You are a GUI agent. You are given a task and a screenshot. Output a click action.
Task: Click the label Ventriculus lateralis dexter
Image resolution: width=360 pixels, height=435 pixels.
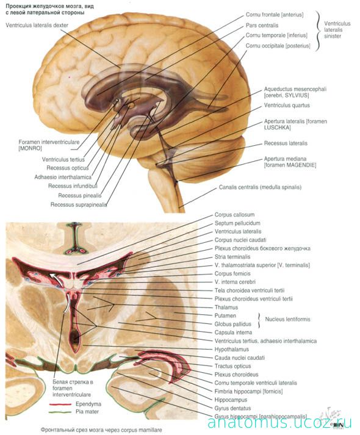click(37, 25)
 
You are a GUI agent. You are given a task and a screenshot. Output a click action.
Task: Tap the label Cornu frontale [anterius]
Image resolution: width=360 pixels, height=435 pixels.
click(275, 15)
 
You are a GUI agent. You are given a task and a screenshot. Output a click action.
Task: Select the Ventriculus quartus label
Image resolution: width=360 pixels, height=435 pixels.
click(287, 106)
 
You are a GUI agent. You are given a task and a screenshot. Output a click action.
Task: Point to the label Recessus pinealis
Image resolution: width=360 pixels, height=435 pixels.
click(79, 196)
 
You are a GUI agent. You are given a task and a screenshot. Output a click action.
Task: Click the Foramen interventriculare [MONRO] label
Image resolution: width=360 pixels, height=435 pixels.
click(49, 145)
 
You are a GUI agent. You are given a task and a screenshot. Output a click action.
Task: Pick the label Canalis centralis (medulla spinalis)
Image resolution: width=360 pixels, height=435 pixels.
click(260, 187)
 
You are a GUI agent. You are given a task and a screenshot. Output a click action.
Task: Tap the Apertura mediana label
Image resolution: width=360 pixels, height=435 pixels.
click(285, 159)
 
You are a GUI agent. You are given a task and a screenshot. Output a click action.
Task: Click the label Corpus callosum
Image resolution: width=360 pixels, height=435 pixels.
click(234, 215)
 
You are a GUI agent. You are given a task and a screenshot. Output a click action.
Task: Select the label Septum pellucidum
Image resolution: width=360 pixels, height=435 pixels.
click(237, 223)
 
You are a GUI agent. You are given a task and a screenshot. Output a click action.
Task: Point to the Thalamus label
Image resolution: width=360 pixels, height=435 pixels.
click(226, 307)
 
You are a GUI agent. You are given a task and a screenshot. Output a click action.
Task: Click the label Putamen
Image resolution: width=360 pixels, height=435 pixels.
click(225, 315)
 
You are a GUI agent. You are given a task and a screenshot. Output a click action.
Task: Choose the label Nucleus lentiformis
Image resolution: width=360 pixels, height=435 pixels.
click(287, 319)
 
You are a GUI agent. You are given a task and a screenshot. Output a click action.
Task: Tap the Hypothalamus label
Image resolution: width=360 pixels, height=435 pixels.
click(232, 349)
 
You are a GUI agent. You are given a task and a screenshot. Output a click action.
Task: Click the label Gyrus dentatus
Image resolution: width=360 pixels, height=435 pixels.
click(232, 408)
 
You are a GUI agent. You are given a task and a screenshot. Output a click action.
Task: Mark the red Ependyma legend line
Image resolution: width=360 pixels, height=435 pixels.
click(60, 404)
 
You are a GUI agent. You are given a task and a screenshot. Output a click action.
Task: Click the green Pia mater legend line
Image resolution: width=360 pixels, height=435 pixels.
click(60, 412)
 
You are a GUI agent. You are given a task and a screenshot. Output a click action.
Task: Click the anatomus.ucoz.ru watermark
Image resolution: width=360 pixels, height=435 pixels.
click(279, 423)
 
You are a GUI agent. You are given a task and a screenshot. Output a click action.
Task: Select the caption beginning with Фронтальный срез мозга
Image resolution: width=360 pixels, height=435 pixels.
click(101, 430)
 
